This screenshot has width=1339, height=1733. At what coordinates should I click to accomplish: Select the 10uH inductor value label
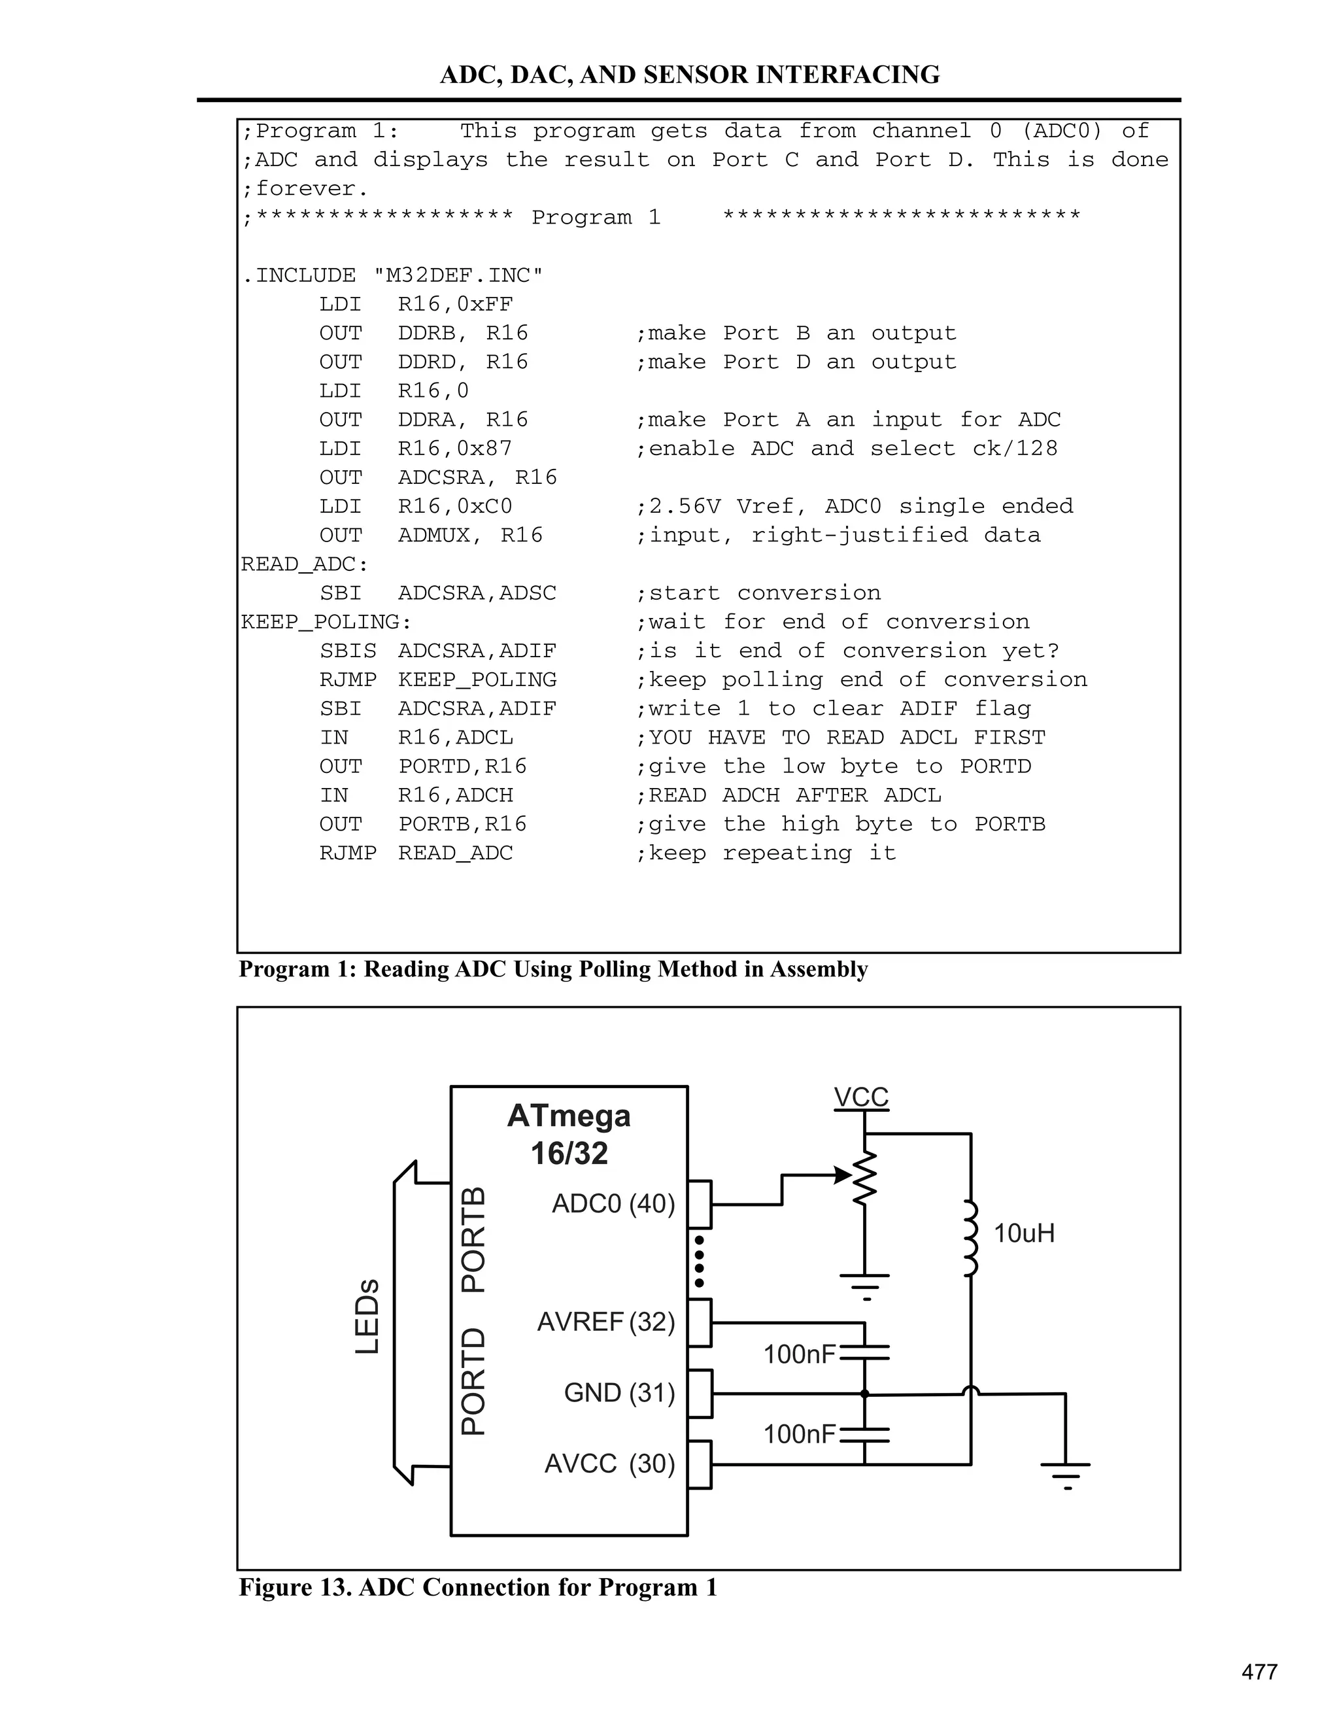click(x=1024, y=1233)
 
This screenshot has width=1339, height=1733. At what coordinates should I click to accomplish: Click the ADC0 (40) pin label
click(x=613, y=1204)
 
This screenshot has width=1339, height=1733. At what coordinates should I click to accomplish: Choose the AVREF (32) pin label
click(x=606, y=1322)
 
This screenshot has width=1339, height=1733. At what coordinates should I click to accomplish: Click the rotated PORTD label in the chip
click(x=473, y=1381)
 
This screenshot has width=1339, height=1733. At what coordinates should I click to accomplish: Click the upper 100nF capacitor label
click(x=800, y=1354)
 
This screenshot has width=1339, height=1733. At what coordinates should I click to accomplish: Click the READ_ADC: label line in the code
click(x=305, y=564)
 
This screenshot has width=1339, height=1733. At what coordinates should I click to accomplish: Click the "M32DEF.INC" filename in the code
click(x=458, y=275)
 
